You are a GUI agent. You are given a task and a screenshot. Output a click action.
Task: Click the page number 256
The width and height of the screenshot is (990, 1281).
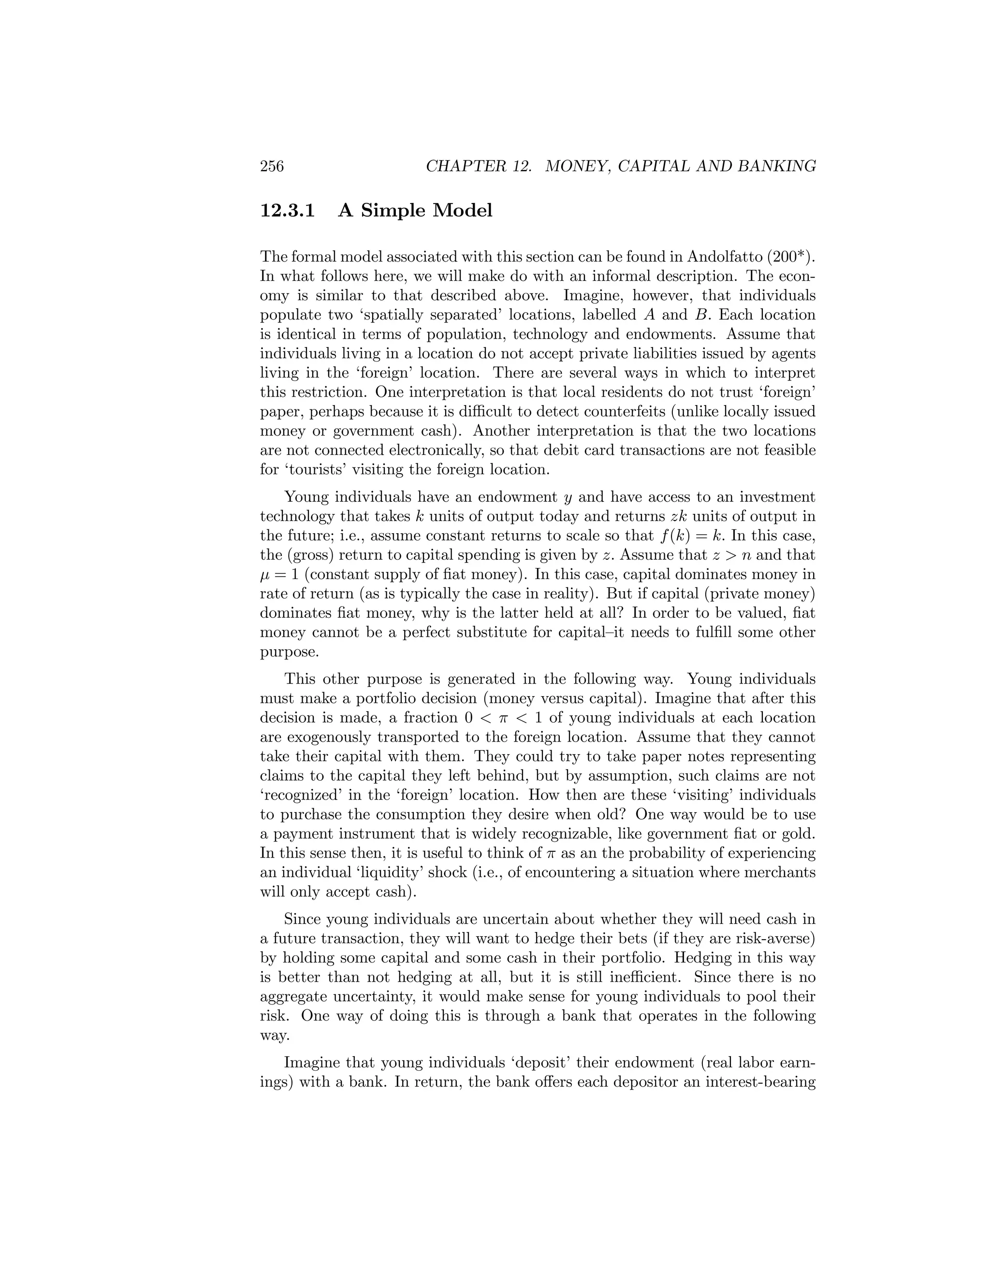click(x=272, y=167)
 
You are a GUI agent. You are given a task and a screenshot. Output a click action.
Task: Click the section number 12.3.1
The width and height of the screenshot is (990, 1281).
click(x=288, y=210)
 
